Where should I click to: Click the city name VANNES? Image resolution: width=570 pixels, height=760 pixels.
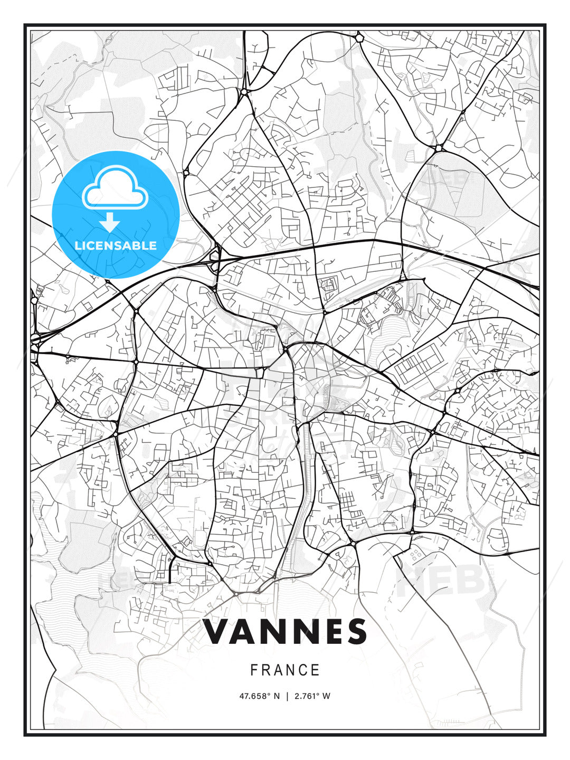(285, 632)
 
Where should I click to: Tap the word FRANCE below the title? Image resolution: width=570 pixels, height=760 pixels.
(285, 670)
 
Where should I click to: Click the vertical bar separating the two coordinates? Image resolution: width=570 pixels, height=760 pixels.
(287, 696)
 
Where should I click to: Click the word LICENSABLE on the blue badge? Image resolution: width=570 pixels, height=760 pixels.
(116, 245)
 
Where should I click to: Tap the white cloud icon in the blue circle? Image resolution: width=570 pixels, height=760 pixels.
(114, 188)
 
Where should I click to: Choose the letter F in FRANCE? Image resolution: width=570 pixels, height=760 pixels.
(254, 670)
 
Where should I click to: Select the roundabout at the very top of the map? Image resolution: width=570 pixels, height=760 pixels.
(359, 37)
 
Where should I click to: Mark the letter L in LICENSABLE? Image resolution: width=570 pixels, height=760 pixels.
(78, 245)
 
